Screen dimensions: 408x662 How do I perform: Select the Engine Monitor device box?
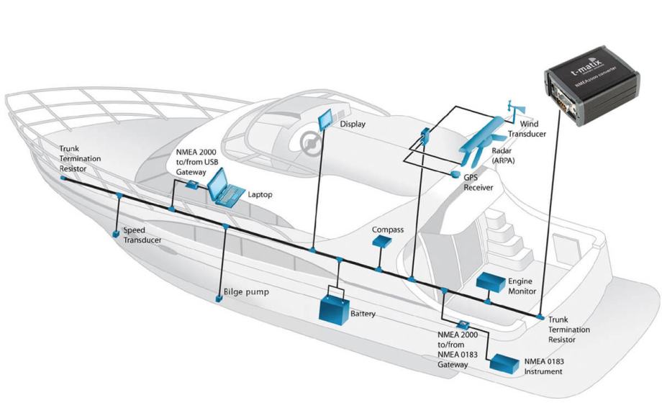(x=491, y=281)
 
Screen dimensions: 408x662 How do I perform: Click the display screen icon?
(x=327, y=119)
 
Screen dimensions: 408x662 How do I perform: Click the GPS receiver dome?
(x=455, y=174)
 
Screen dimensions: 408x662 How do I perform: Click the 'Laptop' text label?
(x=260, y=194)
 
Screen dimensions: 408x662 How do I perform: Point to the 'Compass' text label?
(x=387, y=230)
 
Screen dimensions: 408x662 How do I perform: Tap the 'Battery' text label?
(x=363, y=314)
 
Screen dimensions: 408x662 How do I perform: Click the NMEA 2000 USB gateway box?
(x=192, y=185)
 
